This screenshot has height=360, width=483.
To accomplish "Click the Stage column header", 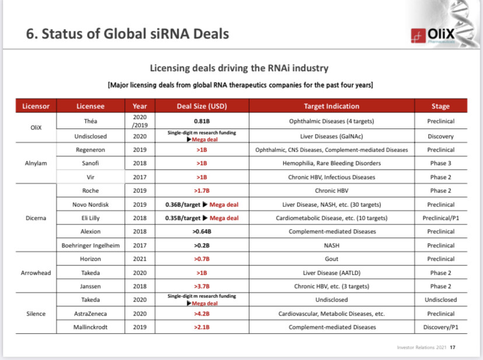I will coord(440,106).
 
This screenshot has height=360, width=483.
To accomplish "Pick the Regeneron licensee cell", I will coord(90,150).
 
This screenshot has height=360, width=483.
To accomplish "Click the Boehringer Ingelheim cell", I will coord(90,246).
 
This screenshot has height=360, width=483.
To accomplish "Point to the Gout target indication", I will coord(331,259).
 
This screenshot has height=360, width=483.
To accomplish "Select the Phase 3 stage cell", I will coord(440,163).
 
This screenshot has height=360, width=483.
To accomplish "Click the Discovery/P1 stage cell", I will coord(440,327).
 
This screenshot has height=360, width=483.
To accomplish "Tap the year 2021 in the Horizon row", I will coord(140,259).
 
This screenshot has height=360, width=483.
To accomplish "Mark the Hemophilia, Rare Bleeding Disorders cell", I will coord(331,163).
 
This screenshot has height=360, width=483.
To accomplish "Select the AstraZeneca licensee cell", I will coord(90,313).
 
